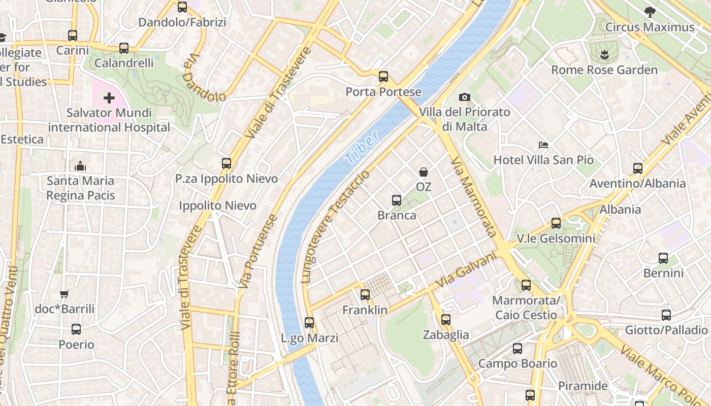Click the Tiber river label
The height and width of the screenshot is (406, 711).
[361, 147]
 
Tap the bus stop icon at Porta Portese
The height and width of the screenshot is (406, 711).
[383, 77]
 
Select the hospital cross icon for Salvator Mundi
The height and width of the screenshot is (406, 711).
[109, 98]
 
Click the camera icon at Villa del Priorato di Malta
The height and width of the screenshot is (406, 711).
[464, 97]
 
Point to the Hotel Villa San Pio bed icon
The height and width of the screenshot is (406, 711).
[543, 145]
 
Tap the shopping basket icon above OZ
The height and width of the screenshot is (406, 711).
[423, 172]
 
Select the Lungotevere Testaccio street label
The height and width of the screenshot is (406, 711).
[336, 226]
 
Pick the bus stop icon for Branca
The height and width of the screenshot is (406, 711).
[397, 200]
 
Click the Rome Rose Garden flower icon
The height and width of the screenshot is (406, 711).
[604, 54]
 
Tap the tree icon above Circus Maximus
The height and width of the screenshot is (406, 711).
[650, 12]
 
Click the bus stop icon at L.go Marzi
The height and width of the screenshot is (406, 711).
[309, 323]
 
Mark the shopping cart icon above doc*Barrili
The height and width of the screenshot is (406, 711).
[64, 294]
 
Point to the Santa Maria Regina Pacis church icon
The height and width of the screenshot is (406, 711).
[80, 166]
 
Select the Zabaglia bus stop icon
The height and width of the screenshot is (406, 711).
[445, 320]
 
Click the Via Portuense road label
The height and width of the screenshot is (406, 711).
[258, 252]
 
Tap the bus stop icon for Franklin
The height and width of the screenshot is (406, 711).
[365, 295]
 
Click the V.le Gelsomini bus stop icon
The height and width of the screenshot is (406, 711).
[556, 223]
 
